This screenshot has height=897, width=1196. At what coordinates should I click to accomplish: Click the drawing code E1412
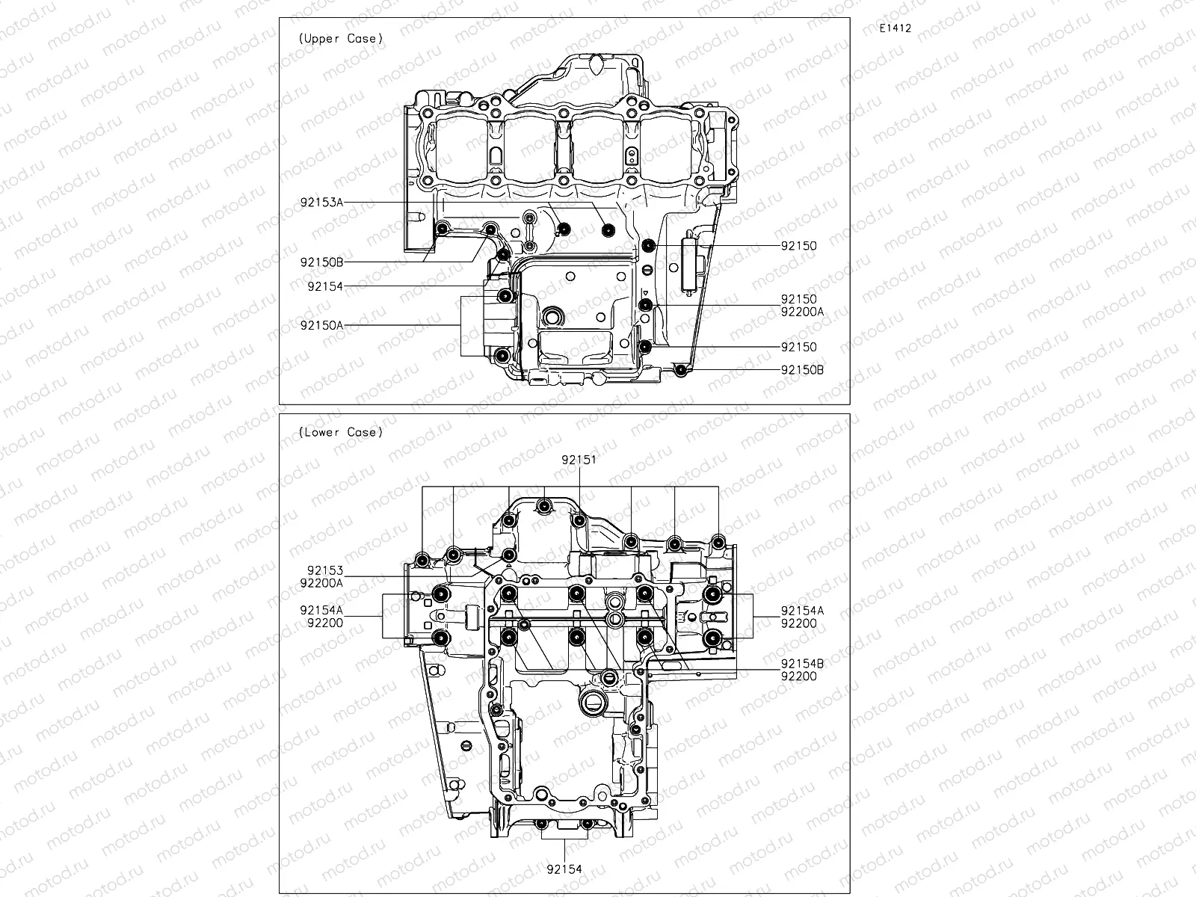pyautogui.click(x=896, y=28)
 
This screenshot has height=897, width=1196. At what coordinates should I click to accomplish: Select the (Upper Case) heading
pyautogui.click(x=340, y=38)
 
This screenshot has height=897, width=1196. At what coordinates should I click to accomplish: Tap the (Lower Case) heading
pyautogui.click(x=340, y=432)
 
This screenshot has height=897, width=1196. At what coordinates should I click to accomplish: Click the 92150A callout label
pyautogui.click(x=321, y=325)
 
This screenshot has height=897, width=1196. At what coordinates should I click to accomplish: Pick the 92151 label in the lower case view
pyautogui.click(x=579, y=460)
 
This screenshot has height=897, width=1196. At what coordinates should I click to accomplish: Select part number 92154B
pyautogui.click(x=802, y=664)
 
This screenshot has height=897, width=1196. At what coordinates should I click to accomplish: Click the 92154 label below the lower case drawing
pyautogui.click(x=564, y=869)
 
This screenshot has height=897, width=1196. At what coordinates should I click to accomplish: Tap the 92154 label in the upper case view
pyautogui.click(x=324, y=286)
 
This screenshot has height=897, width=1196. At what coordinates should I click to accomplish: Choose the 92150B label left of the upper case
pyautogui.click(x=321, y=262)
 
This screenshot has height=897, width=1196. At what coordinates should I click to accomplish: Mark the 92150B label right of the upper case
pyautogui.click(x=802, y=370)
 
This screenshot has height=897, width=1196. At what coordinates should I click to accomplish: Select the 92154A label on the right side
pyautogui.click(x=802, y=611)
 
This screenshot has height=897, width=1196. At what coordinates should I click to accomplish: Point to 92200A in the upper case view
pyautogui.click(x=802, y=311)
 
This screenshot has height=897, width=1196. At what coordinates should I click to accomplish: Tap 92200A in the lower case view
pyautogui.click(x=321, y=582)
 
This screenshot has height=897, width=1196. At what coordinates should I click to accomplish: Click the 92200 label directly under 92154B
pyautogui.click(x=799, y=676)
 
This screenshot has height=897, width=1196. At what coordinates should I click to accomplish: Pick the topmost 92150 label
pyautogui.click(x=799, y=246)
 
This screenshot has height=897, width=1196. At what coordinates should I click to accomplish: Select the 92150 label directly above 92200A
pyautogui.click(x=799, y=299)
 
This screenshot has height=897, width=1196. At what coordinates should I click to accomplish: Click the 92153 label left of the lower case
pyautogui.click(x=324, y=571)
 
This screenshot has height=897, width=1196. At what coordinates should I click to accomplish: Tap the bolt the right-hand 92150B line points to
pyautogui.click(x=680, y=370)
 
